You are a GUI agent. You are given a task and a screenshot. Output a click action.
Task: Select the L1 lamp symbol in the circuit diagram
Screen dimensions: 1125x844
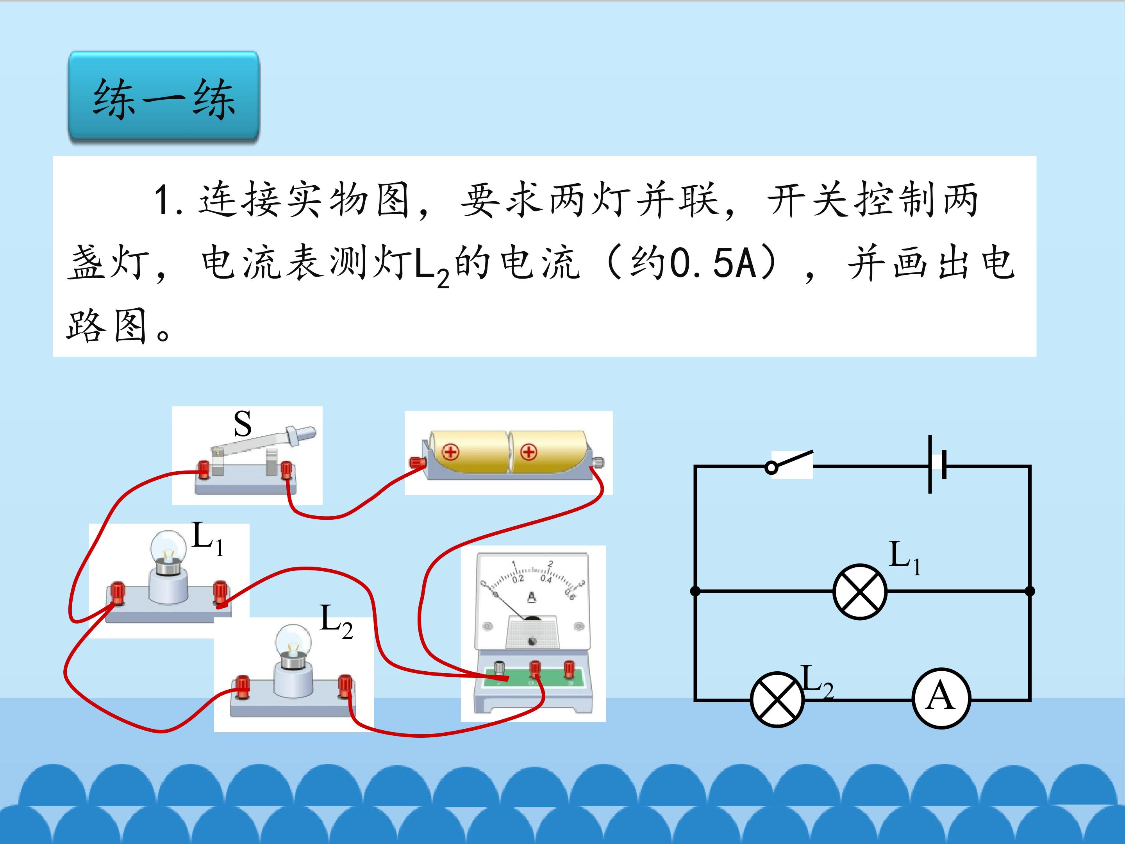click(x=859, y=591)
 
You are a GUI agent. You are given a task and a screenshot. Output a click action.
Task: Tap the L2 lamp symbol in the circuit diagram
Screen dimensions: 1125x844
click(x=777, y=699)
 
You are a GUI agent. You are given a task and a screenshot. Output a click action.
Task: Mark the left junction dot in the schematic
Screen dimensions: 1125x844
click(x=695, y=591)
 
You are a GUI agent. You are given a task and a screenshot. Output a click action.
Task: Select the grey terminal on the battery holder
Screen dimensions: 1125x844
click(x=598, y=463)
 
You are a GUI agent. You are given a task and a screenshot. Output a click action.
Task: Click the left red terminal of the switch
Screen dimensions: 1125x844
click(x=204, y=469)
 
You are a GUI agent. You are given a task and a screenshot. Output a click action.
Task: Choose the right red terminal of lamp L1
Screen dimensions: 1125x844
click(x=220, y=593)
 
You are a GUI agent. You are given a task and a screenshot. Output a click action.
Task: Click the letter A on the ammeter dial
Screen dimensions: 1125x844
click(x=532, y=597)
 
